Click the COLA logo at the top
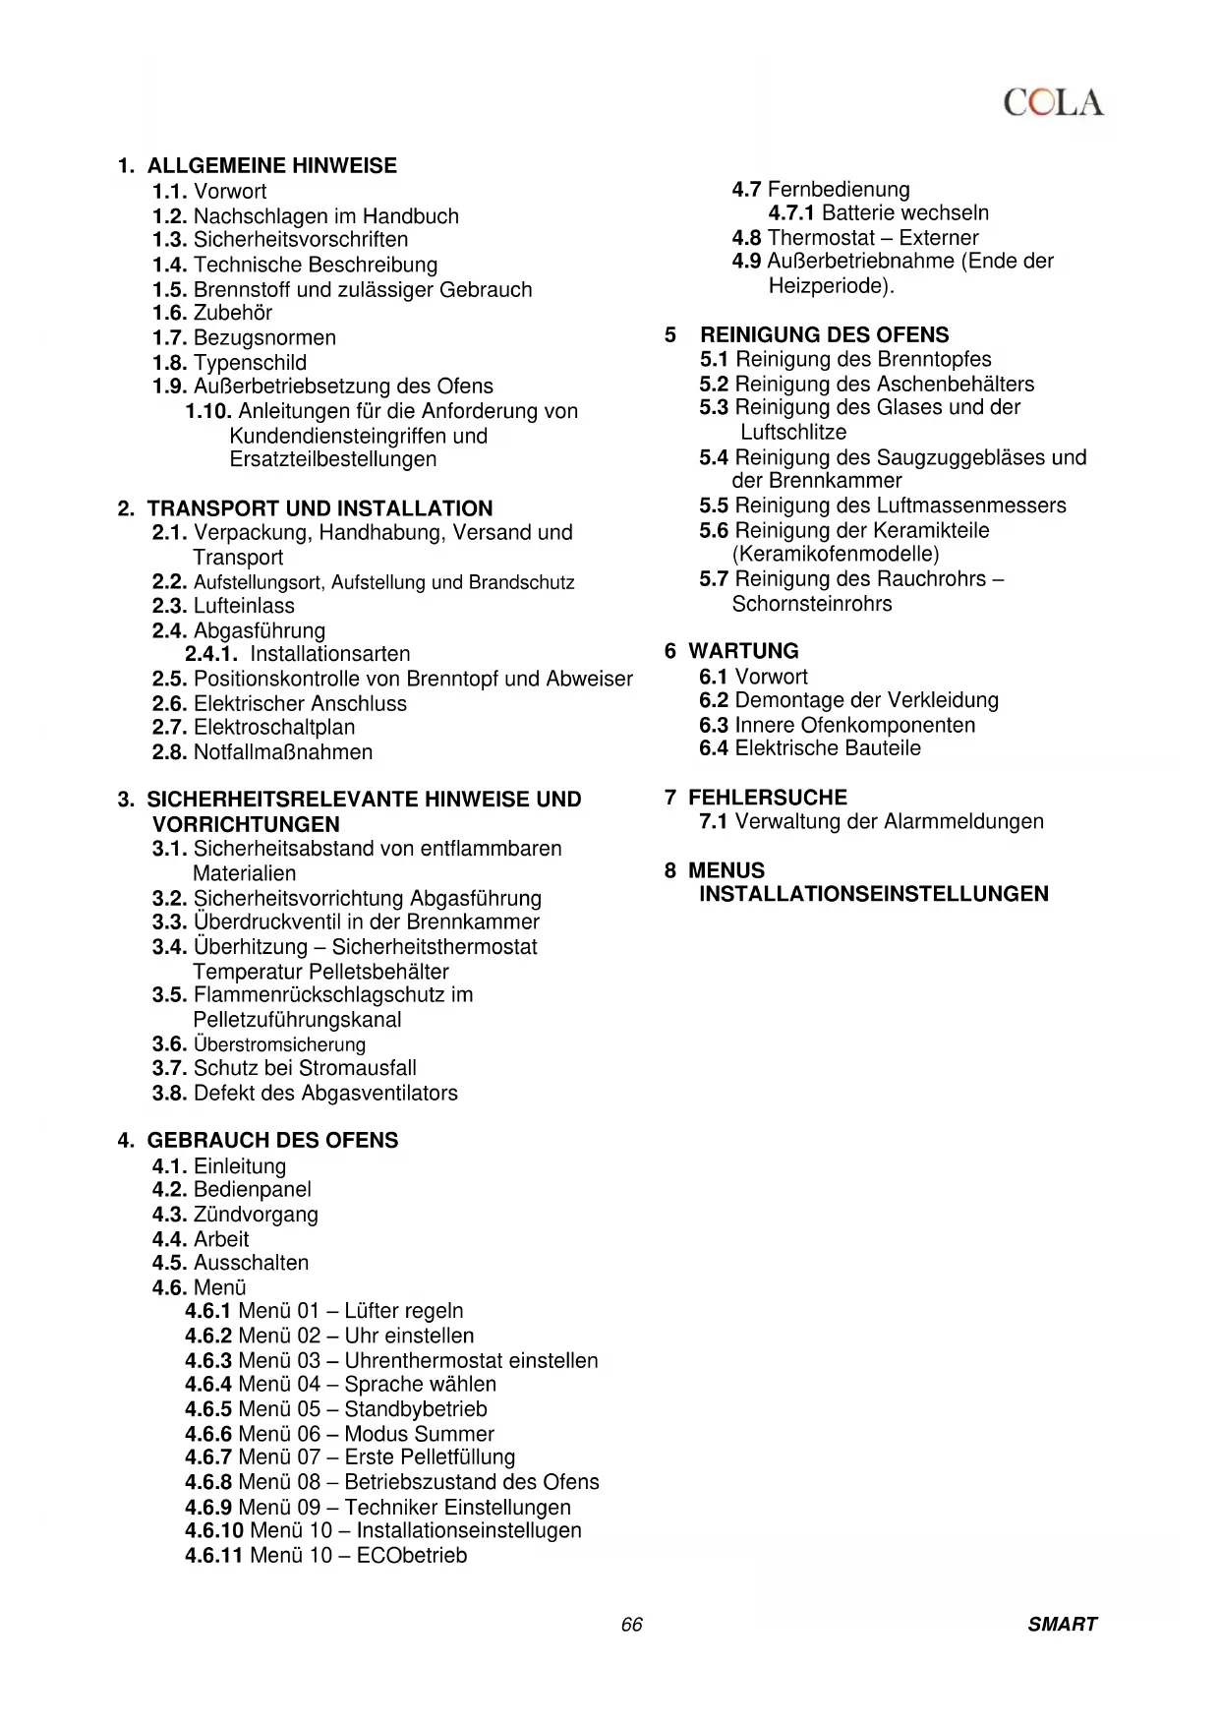[1054, 102]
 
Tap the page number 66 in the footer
[631, 1624]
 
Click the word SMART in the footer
[1062, 1624]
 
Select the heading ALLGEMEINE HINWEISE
[271, 165]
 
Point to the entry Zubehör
[233, 313]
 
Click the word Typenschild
[250, 362]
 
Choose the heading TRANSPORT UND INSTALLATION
[320, 508]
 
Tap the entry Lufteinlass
[244, 606]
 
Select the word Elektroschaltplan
[274, 727]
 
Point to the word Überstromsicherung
[279, 1044]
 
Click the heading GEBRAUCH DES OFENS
[272, 1140]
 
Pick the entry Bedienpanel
[253, 1189]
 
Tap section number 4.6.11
[213, 1555]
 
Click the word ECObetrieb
[412, 1555]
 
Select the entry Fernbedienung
[839, 189]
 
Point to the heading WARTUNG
[743, 651]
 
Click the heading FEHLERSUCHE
[767, 798]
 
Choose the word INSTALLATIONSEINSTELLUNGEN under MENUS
[873, 894]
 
